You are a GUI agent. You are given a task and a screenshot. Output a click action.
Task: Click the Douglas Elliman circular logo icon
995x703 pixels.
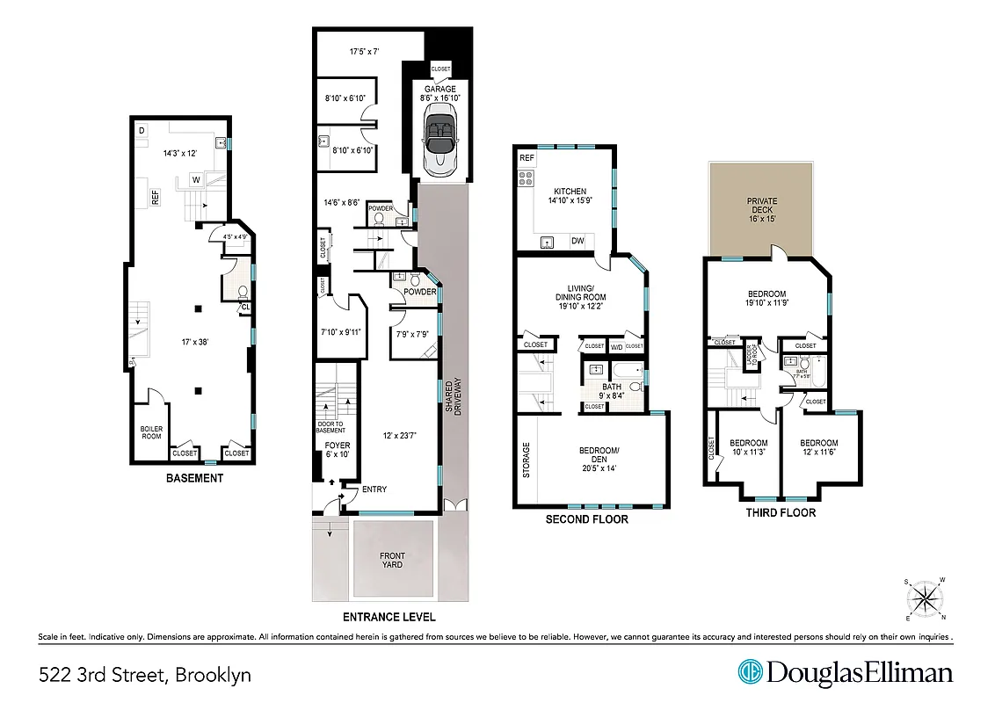[x=750, y=673]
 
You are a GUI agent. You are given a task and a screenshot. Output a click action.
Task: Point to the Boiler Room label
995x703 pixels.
[x=151, y=432]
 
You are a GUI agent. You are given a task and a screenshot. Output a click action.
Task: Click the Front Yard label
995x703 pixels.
[x=392, y=560]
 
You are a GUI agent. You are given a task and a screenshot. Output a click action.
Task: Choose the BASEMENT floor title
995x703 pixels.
[x=194, y=479]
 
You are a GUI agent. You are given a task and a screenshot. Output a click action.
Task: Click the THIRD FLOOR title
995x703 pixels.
[x=780, y=512]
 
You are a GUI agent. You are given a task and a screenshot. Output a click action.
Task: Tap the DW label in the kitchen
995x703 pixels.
[x=577, y=241]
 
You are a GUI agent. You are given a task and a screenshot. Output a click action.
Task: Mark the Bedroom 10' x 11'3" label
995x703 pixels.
[x=749, y=448]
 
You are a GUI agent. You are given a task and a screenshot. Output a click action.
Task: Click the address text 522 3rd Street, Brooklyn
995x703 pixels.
[x=145, y=675]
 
